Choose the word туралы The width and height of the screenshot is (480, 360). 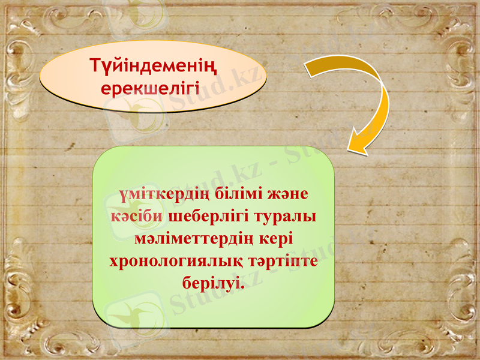[x=287, y=217]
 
